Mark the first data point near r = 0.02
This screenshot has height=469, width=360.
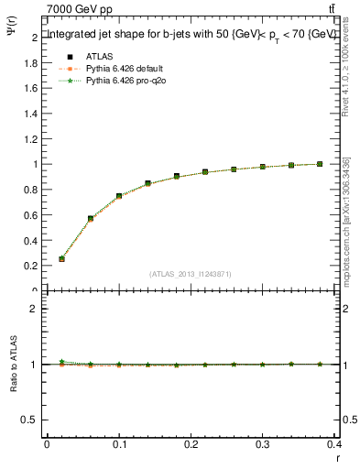pos(61,259)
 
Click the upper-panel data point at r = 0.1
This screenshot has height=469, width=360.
pos(119,196)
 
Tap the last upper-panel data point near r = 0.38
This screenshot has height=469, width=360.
pos(320,164)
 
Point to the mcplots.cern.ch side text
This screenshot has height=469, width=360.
pos(347,220)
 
